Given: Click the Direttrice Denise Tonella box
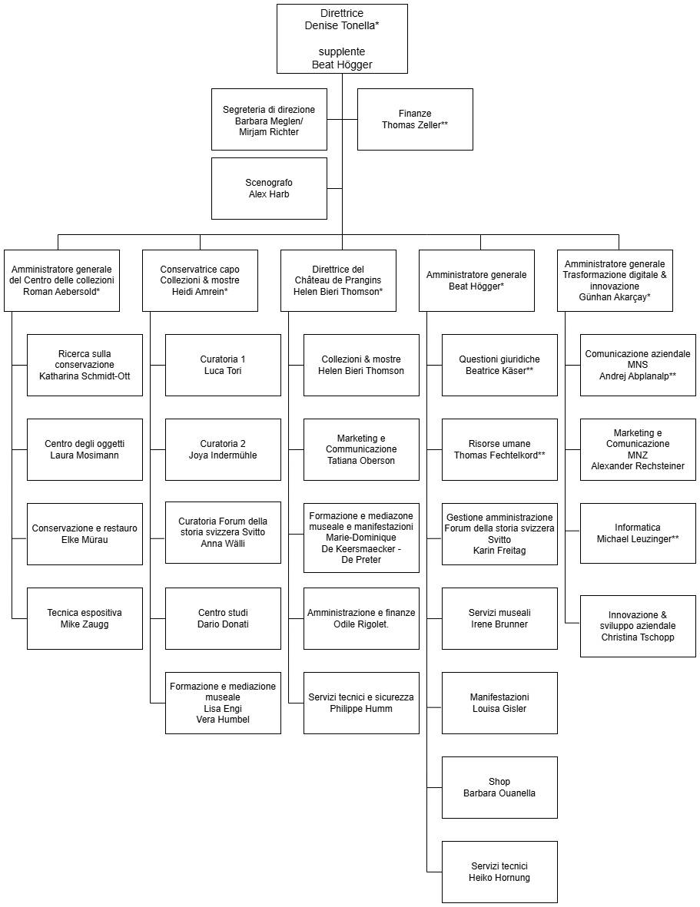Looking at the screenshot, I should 342,38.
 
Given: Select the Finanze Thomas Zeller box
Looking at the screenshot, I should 415,119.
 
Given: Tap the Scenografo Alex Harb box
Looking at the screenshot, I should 269,188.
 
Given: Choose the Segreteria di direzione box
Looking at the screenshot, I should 269,119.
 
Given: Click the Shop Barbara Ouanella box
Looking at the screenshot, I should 499,787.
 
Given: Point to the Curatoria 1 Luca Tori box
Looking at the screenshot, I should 223,365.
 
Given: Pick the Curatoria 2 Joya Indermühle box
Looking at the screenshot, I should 223,449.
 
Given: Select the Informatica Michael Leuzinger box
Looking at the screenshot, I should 638,534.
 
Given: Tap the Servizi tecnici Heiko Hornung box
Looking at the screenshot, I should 499,872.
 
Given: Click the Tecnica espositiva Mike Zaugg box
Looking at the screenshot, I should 85,618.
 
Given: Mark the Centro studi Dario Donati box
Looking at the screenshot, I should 223,618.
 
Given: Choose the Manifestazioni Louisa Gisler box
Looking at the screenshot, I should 499,703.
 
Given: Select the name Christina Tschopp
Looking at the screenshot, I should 638,637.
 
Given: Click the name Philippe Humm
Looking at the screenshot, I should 361,709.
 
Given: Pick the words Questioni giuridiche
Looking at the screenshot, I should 499,359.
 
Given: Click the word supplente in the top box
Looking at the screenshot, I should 342,51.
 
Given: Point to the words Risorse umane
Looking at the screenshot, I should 499,444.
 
